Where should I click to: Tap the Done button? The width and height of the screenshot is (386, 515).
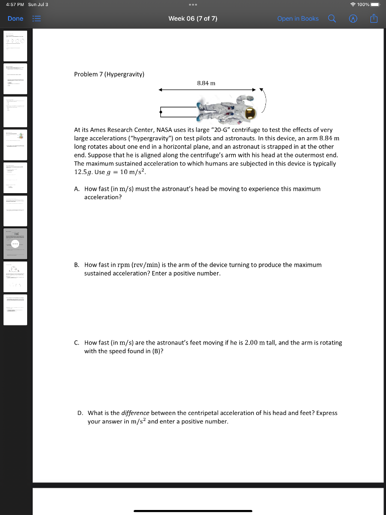click(15, 19)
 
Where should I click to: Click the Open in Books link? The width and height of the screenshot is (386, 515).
click(298, 19)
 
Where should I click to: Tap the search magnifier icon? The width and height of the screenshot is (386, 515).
click(332, 19)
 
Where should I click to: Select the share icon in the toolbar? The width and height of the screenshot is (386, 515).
click(373, 19)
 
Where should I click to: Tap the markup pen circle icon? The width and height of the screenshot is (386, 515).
click(353, 19)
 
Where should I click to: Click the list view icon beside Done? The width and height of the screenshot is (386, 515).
click(36, 19)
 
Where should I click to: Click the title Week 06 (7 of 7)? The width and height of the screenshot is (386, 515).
click(192, 19)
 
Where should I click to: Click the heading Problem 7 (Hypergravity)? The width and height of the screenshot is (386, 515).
click(109, 74)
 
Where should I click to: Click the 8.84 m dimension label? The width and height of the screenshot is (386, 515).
click(206, 83)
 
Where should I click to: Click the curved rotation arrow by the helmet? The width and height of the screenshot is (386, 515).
click(264, 102)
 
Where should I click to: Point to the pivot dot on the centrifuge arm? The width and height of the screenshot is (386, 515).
click(160, 112)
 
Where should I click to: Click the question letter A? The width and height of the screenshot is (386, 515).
click(76, 189)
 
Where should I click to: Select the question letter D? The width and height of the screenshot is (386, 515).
click(80, 413)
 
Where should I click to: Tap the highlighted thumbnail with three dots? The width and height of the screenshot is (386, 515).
click(16, 243)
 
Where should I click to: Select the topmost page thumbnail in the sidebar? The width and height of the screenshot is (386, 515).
click(16, 46)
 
